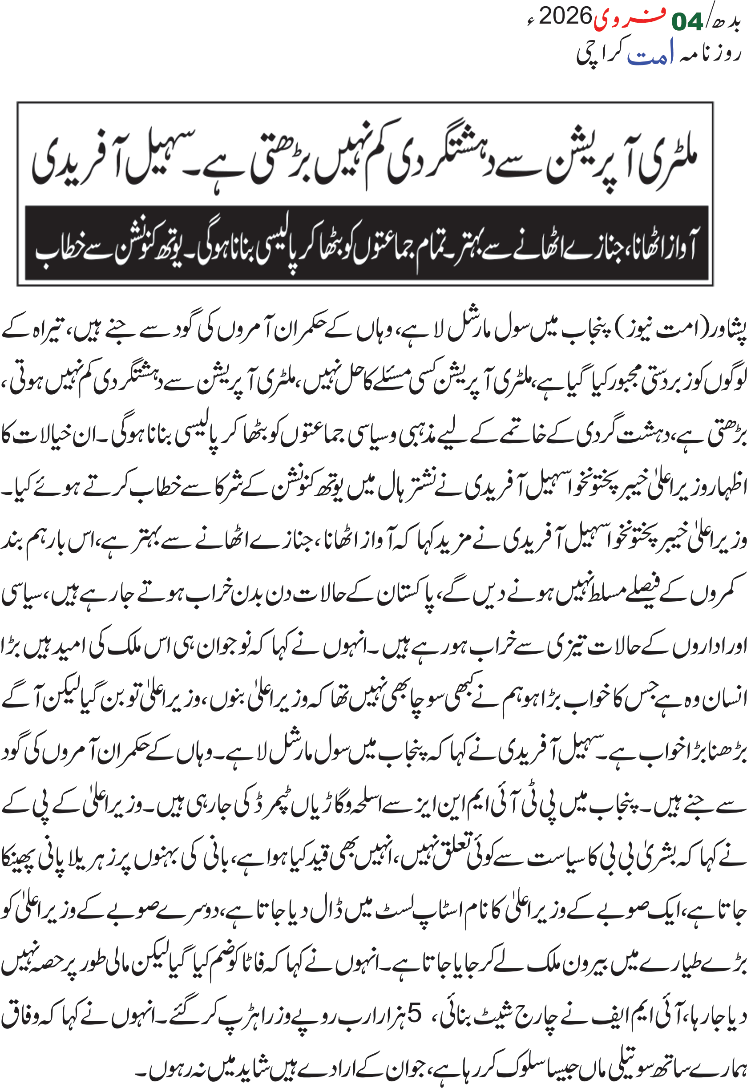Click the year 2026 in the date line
point(565,17)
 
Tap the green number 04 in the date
point(686,21)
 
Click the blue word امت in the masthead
point(650,53)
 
